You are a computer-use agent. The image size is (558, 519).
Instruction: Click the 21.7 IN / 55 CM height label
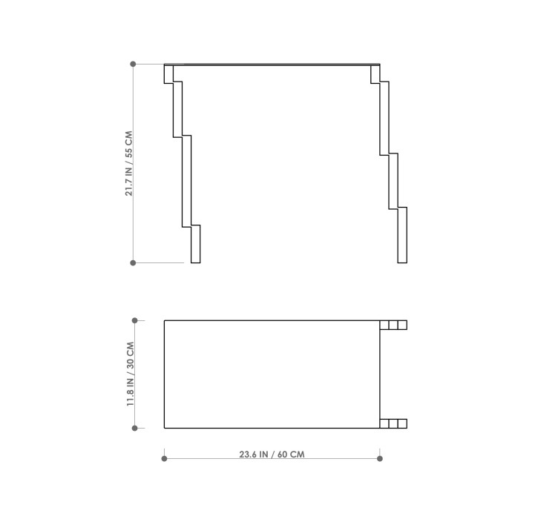point(129,164)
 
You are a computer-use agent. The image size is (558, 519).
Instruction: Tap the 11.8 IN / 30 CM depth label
point(131,374)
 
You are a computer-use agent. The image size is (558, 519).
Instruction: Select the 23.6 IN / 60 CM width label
point(272,454)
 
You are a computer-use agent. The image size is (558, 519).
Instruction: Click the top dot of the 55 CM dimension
point(133,64)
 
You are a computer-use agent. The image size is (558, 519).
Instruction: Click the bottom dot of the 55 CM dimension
point(133,262)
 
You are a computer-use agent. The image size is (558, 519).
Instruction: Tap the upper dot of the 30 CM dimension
point(134,320)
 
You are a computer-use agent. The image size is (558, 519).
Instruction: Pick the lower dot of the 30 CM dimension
point(134,428)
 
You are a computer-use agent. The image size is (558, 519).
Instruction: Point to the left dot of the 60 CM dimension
point(164,458)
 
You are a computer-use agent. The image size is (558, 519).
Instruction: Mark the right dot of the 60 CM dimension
point(380,458)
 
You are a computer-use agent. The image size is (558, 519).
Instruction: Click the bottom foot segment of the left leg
point(196,244)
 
